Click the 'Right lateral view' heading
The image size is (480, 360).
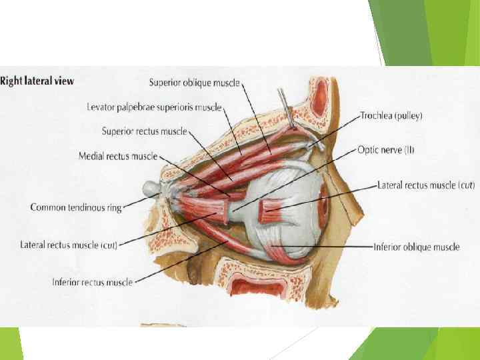point(37,81)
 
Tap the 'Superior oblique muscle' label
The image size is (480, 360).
point(194,83)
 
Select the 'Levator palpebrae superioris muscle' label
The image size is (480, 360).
point(154,107)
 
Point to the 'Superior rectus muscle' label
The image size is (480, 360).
point(144,131)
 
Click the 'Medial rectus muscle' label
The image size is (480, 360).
point(117,156)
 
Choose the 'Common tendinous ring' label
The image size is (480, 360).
point(76,207)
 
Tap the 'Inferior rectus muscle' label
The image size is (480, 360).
point(92,282)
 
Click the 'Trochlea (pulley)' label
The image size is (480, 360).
point(391,115)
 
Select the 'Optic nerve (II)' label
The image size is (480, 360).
point(386,150)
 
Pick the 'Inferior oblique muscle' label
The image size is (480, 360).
point(417,247)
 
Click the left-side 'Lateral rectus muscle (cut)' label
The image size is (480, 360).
point(69,245)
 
